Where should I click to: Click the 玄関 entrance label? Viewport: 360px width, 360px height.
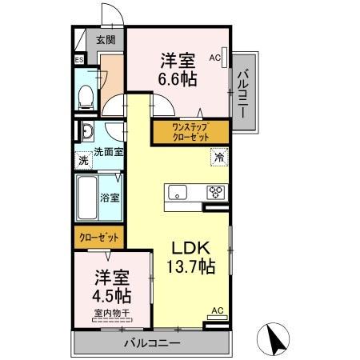pos(106,39)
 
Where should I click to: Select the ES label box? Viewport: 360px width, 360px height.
pos(79,60)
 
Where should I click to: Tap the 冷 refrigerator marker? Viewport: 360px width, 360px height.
pos(218,158)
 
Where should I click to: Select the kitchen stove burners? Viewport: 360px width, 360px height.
pos(216,192)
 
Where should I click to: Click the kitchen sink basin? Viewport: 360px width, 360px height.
pos(176,192)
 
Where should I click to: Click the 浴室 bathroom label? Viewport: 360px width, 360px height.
pos(109,196)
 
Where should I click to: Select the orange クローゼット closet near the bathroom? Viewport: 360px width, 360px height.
pos(100,237)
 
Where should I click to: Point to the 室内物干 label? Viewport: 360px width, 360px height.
pos(111,313)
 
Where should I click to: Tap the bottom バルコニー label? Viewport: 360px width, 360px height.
pos(151,343)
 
